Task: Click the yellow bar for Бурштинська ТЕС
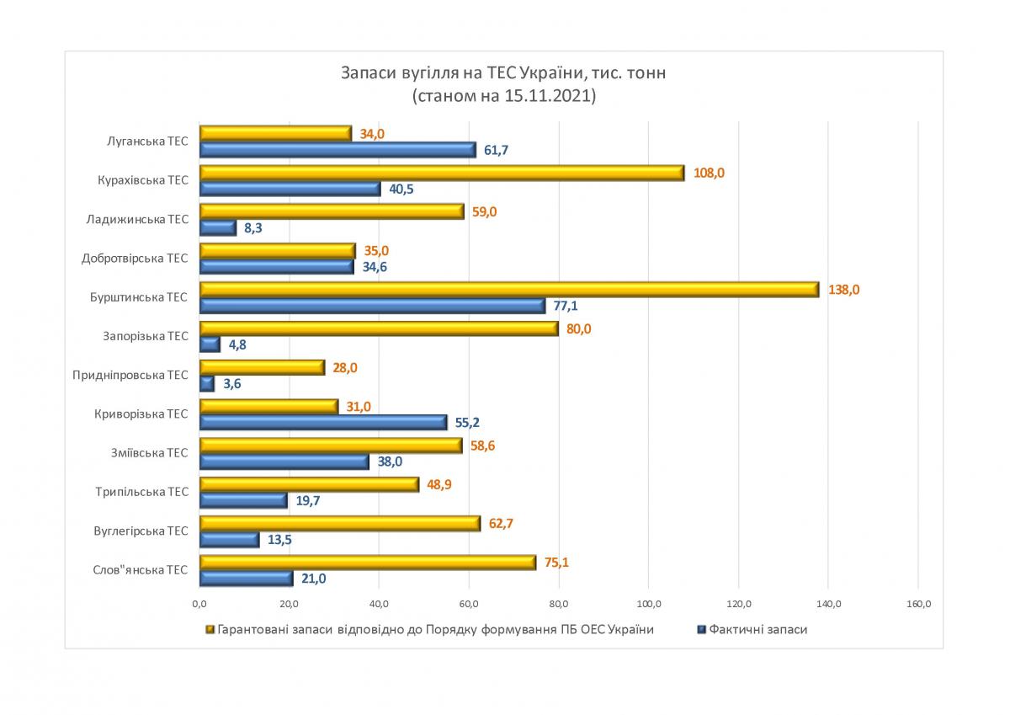coord(509,290)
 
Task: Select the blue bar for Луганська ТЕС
coord(338,150)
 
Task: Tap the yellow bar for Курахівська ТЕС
coord(442,173)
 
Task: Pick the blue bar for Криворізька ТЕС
coord(323,423)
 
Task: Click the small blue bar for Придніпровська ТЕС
coord(207,384)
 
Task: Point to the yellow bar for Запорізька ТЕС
coord(379,328)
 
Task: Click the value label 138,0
coord(844,290)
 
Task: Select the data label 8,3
coord(254,228)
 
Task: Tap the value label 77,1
coord(565,306)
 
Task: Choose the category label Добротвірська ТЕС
coord(135,259)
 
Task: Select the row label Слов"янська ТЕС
coord(141,570)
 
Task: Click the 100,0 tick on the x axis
coord(649,603)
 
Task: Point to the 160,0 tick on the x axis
coord(918,603)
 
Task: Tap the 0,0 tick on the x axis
coord(199,603)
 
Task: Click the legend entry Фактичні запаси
coord(757,629)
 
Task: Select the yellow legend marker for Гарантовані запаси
coord(210,629)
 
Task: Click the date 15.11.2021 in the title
coord(548,96)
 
